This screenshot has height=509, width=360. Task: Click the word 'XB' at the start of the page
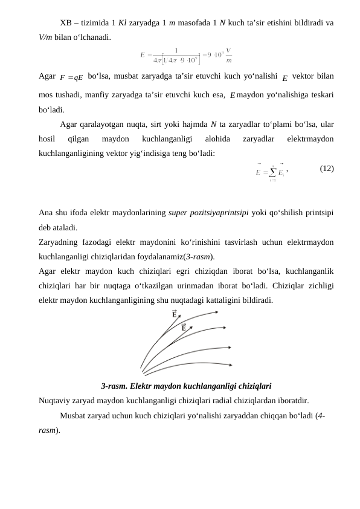coord(66,23)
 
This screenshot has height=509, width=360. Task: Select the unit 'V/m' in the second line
coord(47,36)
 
